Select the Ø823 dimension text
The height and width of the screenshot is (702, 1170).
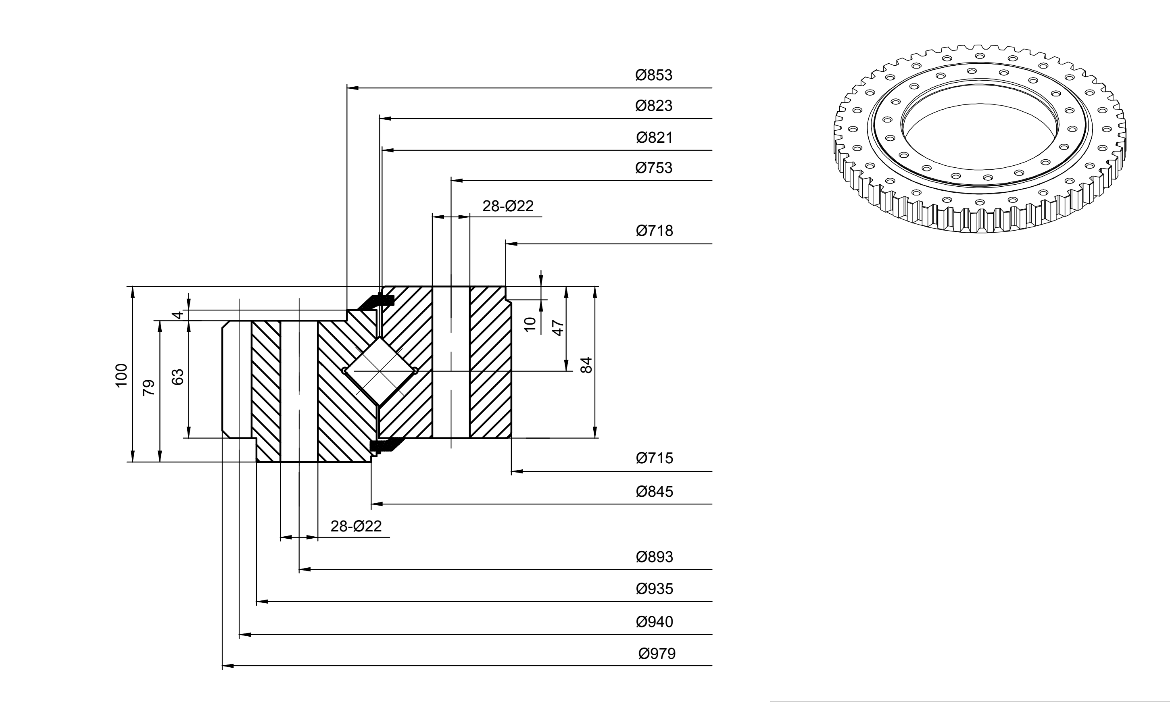pos(654,106)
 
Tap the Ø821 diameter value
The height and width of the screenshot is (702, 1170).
pos(654,137)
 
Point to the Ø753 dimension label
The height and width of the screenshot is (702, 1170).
pos(654,168)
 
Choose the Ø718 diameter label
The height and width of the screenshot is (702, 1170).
pos(654,231)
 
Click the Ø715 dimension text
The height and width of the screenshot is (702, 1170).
pos(654,458)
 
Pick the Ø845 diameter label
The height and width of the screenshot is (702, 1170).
pos(654,492)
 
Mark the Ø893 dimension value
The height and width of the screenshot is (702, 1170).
pos(654,557)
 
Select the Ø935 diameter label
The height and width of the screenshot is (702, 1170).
pos(654,589)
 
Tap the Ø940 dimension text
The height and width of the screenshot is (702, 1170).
pos(654,622)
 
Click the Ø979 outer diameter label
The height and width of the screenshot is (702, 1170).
pos(657,654)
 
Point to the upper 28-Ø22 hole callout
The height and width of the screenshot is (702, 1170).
pos(508,206)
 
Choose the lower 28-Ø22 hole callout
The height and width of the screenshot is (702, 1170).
pos(356,526)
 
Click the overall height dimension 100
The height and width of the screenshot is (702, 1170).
pos(121,375)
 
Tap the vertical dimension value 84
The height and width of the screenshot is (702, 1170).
pos(586,365)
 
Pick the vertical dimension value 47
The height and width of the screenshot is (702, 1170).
pos(558,328)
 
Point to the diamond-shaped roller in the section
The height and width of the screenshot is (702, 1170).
pos(380,371)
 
